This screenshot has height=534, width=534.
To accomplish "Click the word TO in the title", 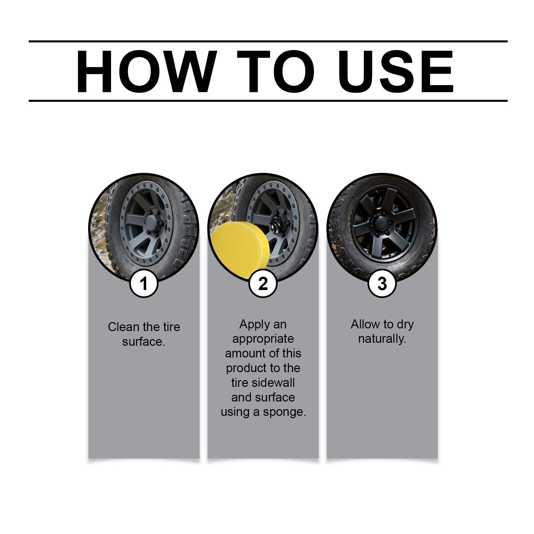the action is [x=276, y=71].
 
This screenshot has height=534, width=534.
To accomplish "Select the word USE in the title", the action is [x=396, y=71].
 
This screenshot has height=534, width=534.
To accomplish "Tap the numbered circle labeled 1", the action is [x=144, y=284].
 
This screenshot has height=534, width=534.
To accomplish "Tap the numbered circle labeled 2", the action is [x=263, y=284].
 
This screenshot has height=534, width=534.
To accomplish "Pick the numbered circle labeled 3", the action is [x=382, y=284].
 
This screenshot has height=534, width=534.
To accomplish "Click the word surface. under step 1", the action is [x=144, y=342].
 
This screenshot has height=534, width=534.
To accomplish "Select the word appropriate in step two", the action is [x=263, y=339].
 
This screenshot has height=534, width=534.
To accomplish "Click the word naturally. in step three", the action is [x=382, y=339].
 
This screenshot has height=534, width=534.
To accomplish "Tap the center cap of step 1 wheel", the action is [x=152, y=223].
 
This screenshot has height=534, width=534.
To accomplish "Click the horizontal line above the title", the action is [x=268, y=41].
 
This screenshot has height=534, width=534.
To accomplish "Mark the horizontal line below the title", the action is [x=268, y=100].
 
